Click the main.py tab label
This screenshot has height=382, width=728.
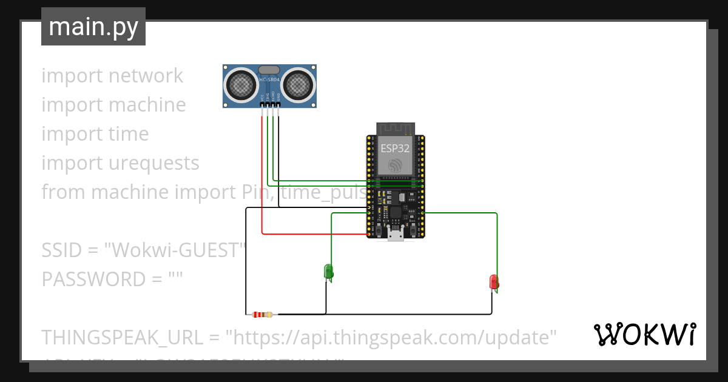93,27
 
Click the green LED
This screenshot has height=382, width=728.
329,272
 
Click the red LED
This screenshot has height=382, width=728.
494,282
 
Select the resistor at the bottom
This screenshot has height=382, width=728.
262,314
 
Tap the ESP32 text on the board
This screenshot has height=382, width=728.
395,148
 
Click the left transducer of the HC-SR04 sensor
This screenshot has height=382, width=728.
241,85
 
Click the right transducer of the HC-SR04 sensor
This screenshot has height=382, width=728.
298,85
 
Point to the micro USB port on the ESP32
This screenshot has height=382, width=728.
396,235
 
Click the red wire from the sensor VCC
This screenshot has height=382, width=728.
262,182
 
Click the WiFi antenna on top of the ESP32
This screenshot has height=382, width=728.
395,129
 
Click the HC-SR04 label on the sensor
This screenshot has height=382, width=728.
269,79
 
